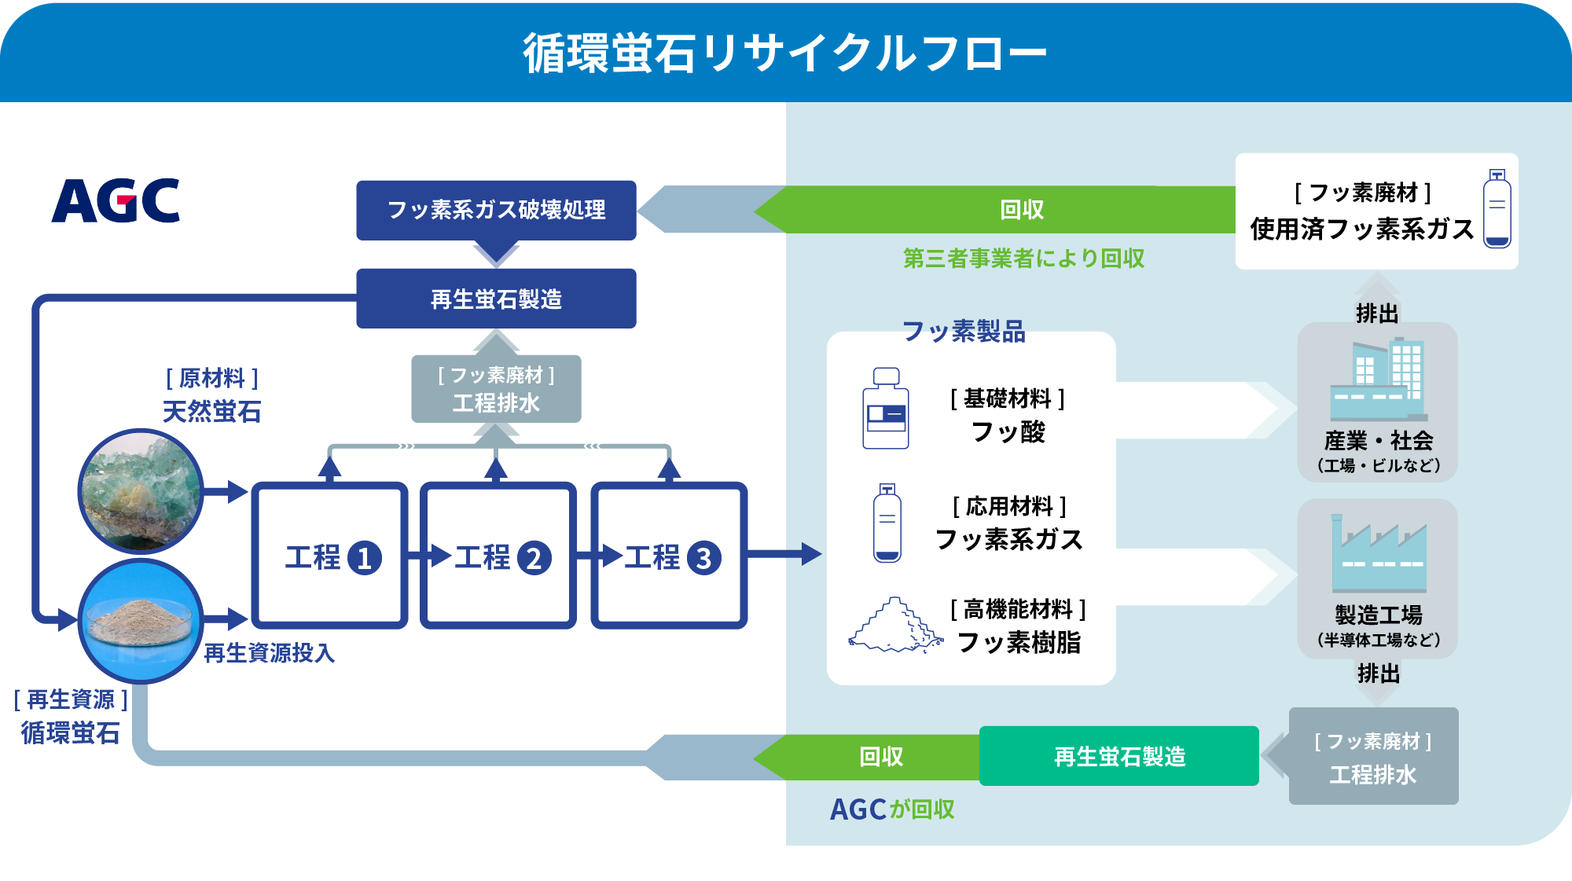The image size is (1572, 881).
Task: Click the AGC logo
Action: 116,201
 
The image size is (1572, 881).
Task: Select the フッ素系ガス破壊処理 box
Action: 496,210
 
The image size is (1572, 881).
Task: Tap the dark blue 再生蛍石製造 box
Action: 496,299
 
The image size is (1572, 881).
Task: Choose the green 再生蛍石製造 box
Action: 1118,756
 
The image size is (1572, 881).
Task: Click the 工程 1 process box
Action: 329,556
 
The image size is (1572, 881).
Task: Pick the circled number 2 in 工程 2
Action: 534,559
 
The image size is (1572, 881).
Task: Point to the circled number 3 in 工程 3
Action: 703,559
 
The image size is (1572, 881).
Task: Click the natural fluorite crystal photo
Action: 141,491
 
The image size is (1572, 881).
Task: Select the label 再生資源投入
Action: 269,653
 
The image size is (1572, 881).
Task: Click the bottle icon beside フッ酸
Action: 886,409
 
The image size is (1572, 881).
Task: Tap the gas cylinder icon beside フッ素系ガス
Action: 887,523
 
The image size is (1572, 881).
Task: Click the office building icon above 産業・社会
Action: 1379,380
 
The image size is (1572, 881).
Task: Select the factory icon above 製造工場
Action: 1379,554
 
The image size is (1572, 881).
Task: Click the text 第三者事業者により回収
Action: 1023,259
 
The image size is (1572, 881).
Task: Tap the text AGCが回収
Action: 892,809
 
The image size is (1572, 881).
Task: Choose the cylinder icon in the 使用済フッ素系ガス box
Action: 1497,209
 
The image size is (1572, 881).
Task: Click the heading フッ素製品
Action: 963,332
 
